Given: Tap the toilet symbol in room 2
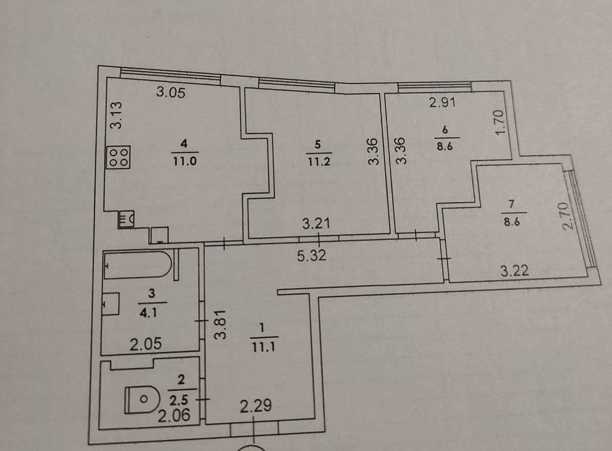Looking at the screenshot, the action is pos(142,399).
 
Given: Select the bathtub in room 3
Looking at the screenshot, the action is pos(138,265).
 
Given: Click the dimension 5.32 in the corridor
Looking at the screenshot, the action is pos(312,256).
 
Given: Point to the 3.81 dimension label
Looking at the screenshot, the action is pos(221,325).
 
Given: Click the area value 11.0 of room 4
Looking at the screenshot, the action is pos(185,161).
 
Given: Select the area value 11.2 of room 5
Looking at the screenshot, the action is pos(319,161).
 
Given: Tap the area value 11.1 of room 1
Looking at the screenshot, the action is pos(263,347).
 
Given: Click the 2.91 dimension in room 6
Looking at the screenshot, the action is pos(443,102).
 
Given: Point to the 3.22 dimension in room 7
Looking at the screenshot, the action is pos(515,270).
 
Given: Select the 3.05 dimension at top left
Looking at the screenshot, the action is pos(171,92).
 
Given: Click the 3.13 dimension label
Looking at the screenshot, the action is pos(116,115).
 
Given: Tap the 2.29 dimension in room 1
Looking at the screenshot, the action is pos(256,406).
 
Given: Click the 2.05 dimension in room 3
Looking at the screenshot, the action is pos(146,344).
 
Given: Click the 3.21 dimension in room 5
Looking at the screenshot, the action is pos(316,223).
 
